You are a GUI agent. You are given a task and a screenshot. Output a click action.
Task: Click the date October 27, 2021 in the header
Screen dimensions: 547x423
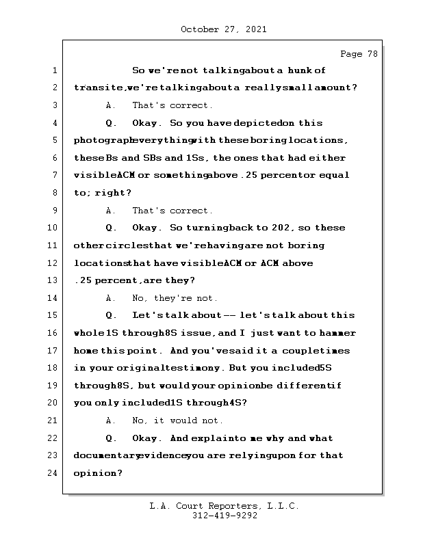tap(224, 29)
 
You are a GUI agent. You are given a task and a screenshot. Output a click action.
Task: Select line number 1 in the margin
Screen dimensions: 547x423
tap(53, 70)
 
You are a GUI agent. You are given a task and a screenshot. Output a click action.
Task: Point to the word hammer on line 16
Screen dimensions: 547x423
tap(336, 333)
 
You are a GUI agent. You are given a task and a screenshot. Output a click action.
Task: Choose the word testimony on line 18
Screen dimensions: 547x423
tap(204, 368)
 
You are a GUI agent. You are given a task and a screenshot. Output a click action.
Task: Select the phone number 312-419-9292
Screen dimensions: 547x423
tap(225, 516)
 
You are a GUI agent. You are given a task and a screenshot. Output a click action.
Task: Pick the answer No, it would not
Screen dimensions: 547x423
tap(177, 421)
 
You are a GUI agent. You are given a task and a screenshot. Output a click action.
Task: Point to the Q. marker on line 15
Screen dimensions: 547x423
tap(112, 315)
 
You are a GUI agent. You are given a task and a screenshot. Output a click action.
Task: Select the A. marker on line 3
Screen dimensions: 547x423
tap(111, 105)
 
